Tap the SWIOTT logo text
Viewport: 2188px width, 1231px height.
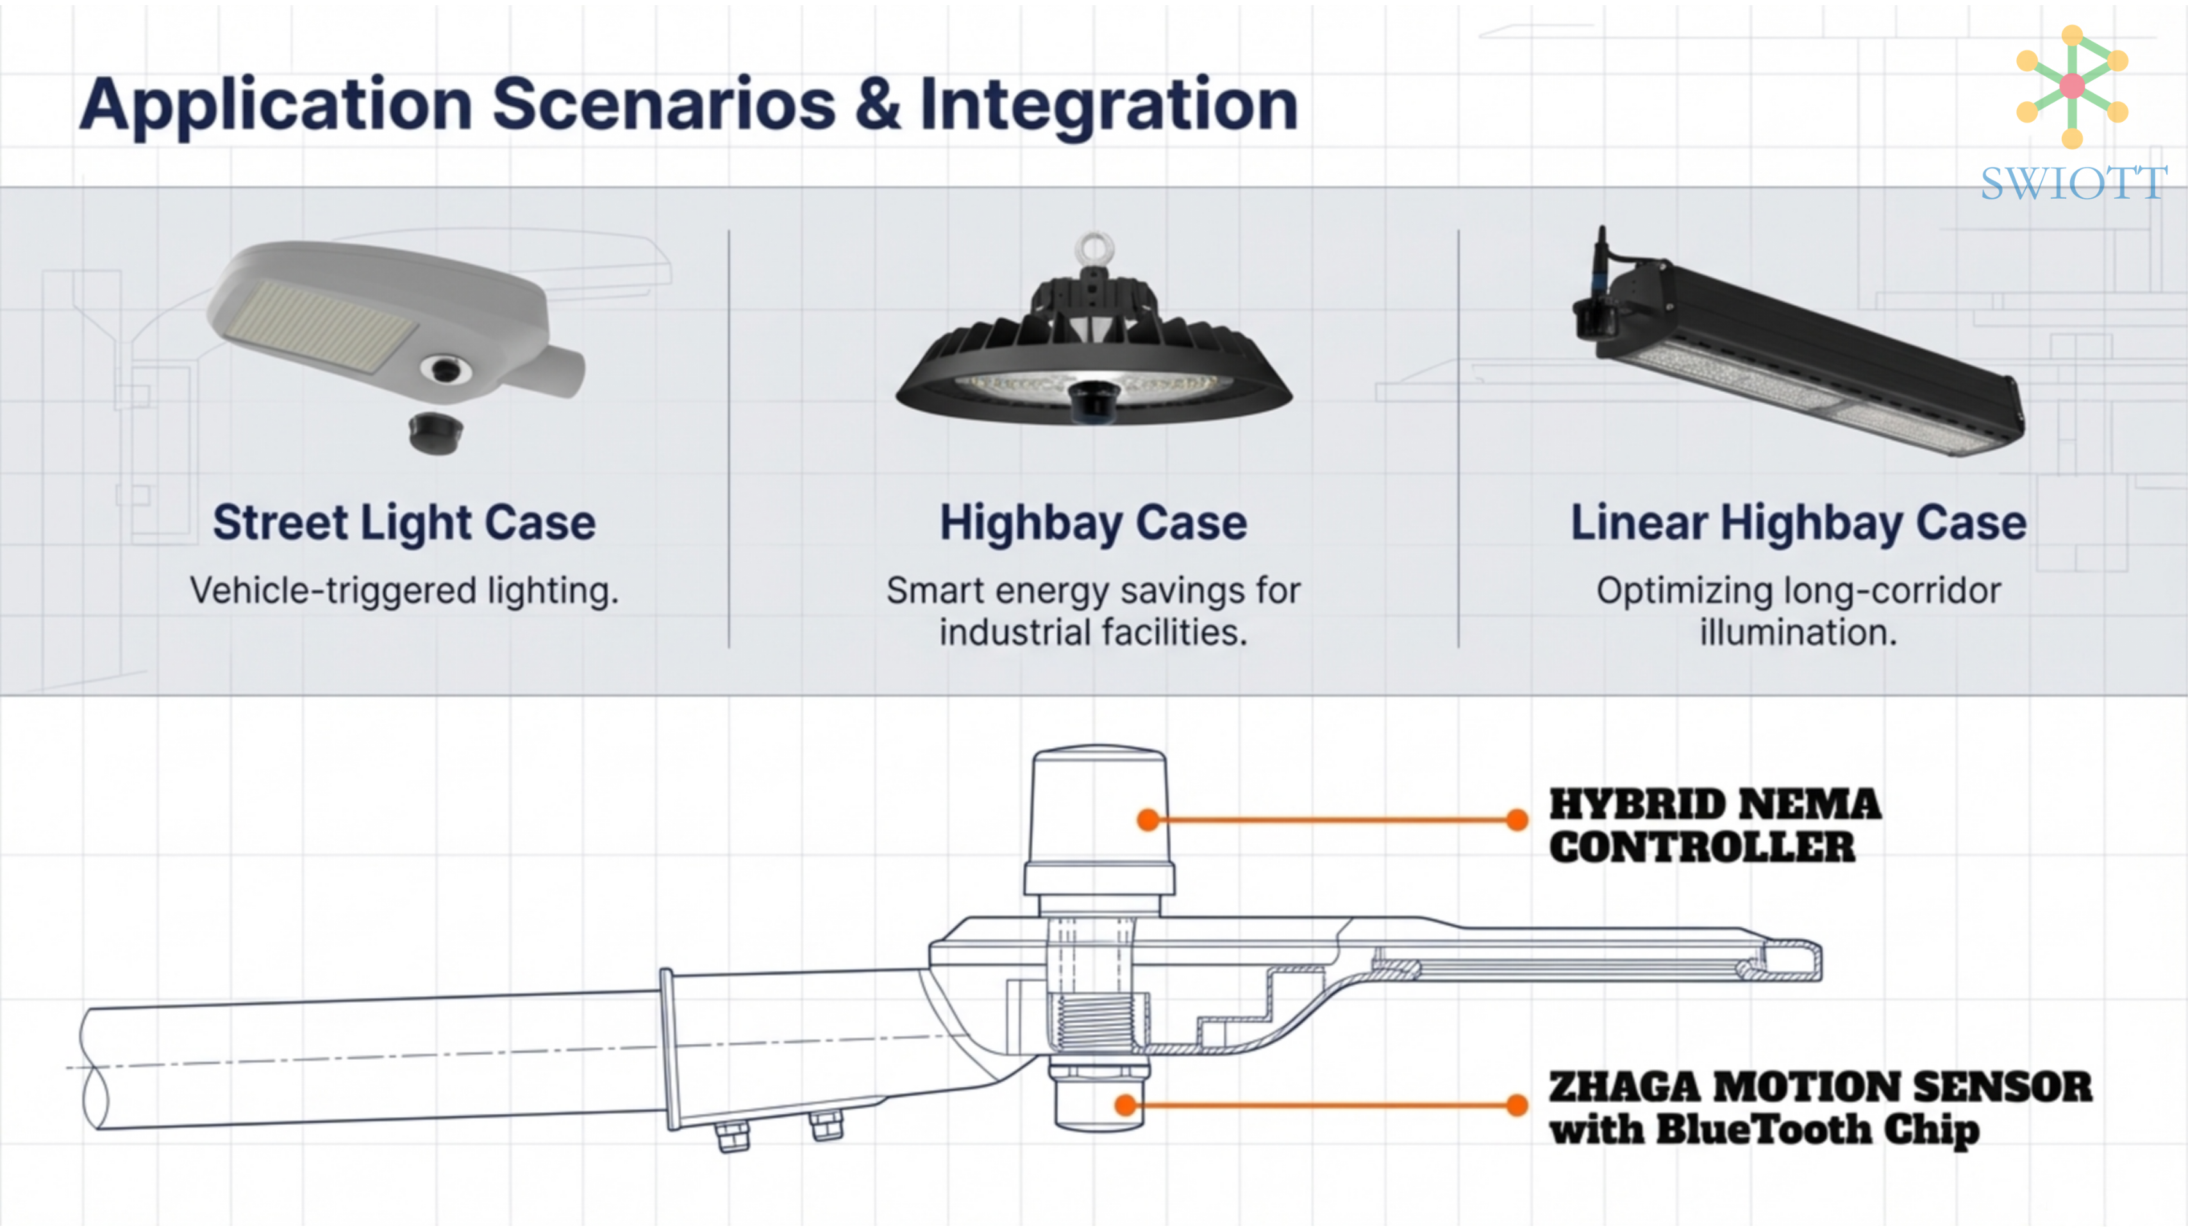tap(2073, 183)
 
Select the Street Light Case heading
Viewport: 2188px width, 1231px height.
tap(405, 523)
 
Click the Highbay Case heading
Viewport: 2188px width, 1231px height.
tap(1093, 523)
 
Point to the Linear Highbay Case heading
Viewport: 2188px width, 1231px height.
tap(1798, 523)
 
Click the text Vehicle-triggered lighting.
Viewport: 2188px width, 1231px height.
tap(405, 590)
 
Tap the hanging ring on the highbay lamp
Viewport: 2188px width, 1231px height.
tap(1094, 248)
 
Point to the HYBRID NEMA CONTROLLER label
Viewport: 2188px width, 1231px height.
tap(1714, 826)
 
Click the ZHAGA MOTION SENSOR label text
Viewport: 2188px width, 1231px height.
tap(1820, 1087)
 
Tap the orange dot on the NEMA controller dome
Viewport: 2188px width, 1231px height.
tap(1148, 820)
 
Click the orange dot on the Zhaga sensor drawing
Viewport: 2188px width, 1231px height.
tap(1126, 1105)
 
